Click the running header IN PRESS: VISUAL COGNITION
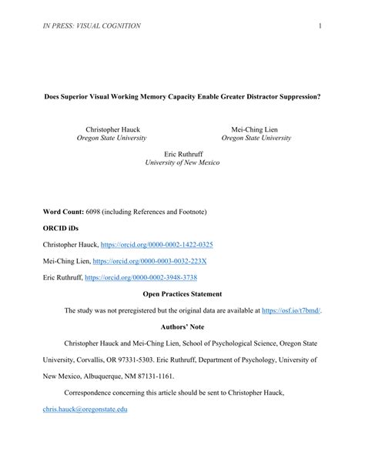(x=92, y=27)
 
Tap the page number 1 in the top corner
(x=318, y=27)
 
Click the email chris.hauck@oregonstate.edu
(x=85, y=410)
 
